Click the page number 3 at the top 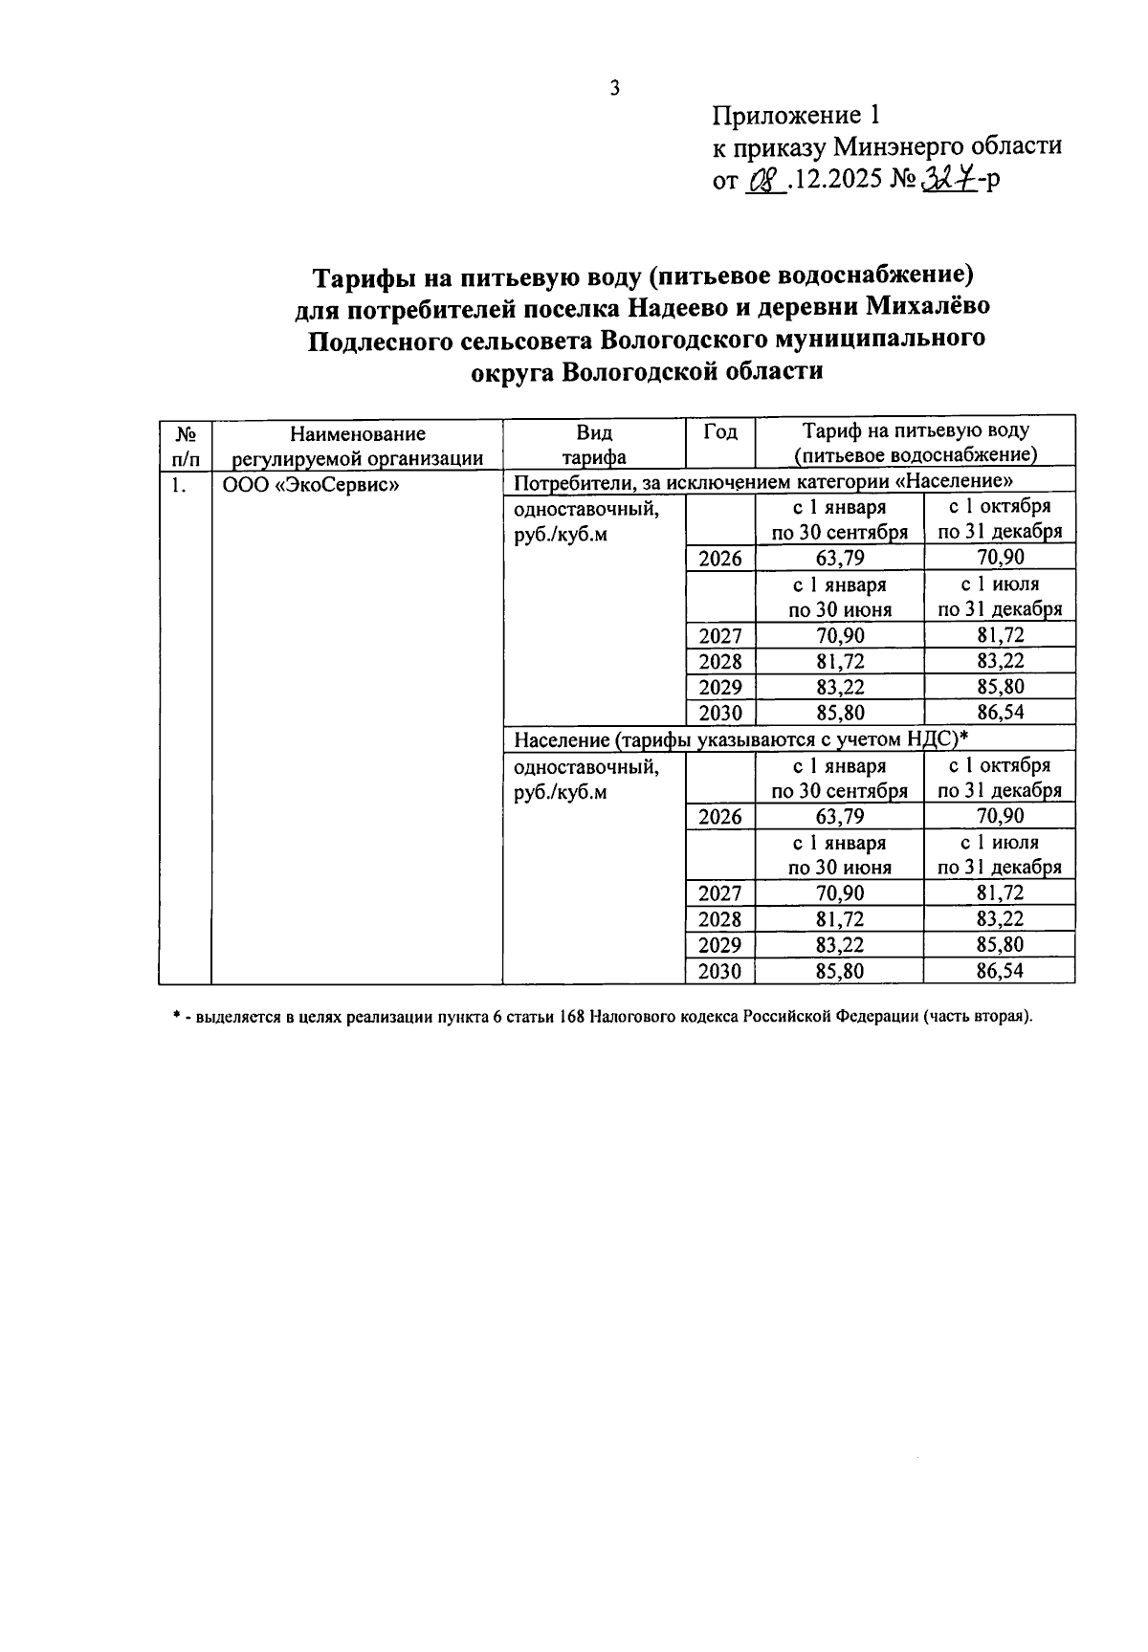(615, 88)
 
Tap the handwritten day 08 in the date (764, 180)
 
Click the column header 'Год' (720, 432)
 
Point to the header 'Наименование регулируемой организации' (358, 445)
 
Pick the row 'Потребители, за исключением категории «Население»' (762, 480)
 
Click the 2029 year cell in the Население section (720, 945)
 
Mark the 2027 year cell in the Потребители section (720, 635)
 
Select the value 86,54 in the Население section (999, 971)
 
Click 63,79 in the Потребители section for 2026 (839, 558)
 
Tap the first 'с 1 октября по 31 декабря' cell (999, 519)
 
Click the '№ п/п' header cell (185, 445)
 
